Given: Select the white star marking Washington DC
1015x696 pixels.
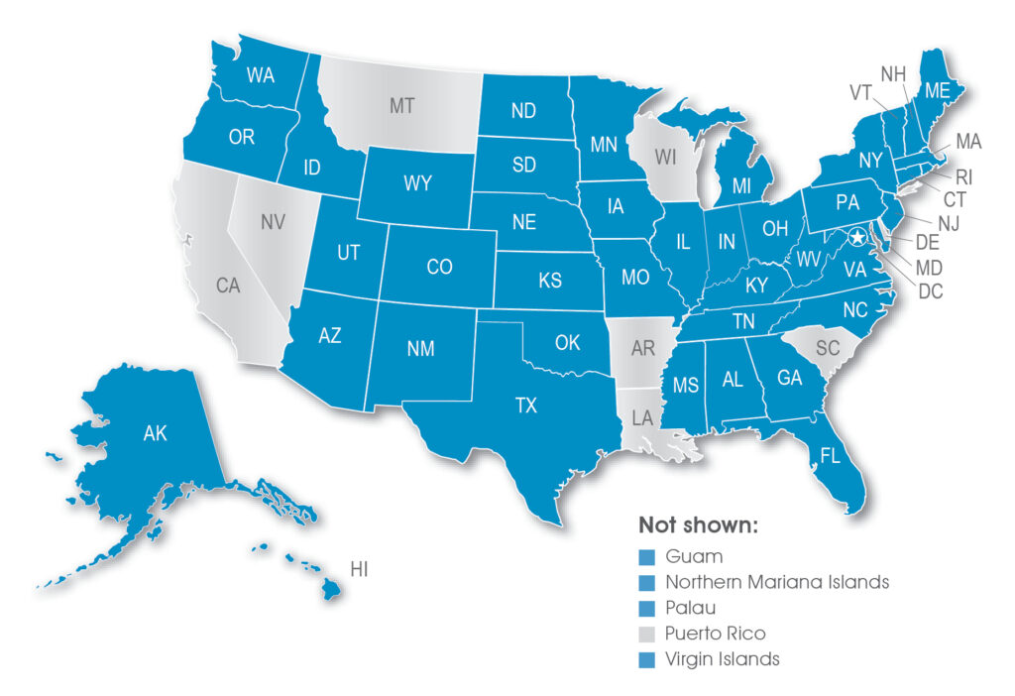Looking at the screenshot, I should (855, 236).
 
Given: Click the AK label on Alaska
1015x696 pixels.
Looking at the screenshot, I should (156, 432).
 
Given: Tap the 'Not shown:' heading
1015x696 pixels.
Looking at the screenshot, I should (698, 525).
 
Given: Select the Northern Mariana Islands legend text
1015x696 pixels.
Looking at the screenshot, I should (777, 582).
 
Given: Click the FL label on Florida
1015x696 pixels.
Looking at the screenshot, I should (831, 457).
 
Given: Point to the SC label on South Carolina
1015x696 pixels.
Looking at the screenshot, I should (828, 348).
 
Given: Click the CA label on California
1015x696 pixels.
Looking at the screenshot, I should (228, 287).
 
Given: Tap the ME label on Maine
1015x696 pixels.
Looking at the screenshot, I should (938, 90).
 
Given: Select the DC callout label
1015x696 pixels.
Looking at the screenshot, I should (930, 291).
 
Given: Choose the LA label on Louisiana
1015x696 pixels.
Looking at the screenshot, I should (642, 418).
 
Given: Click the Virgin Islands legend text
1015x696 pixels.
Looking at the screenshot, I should (723, 658).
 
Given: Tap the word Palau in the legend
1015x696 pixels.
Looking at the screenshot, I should (690, 607).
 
